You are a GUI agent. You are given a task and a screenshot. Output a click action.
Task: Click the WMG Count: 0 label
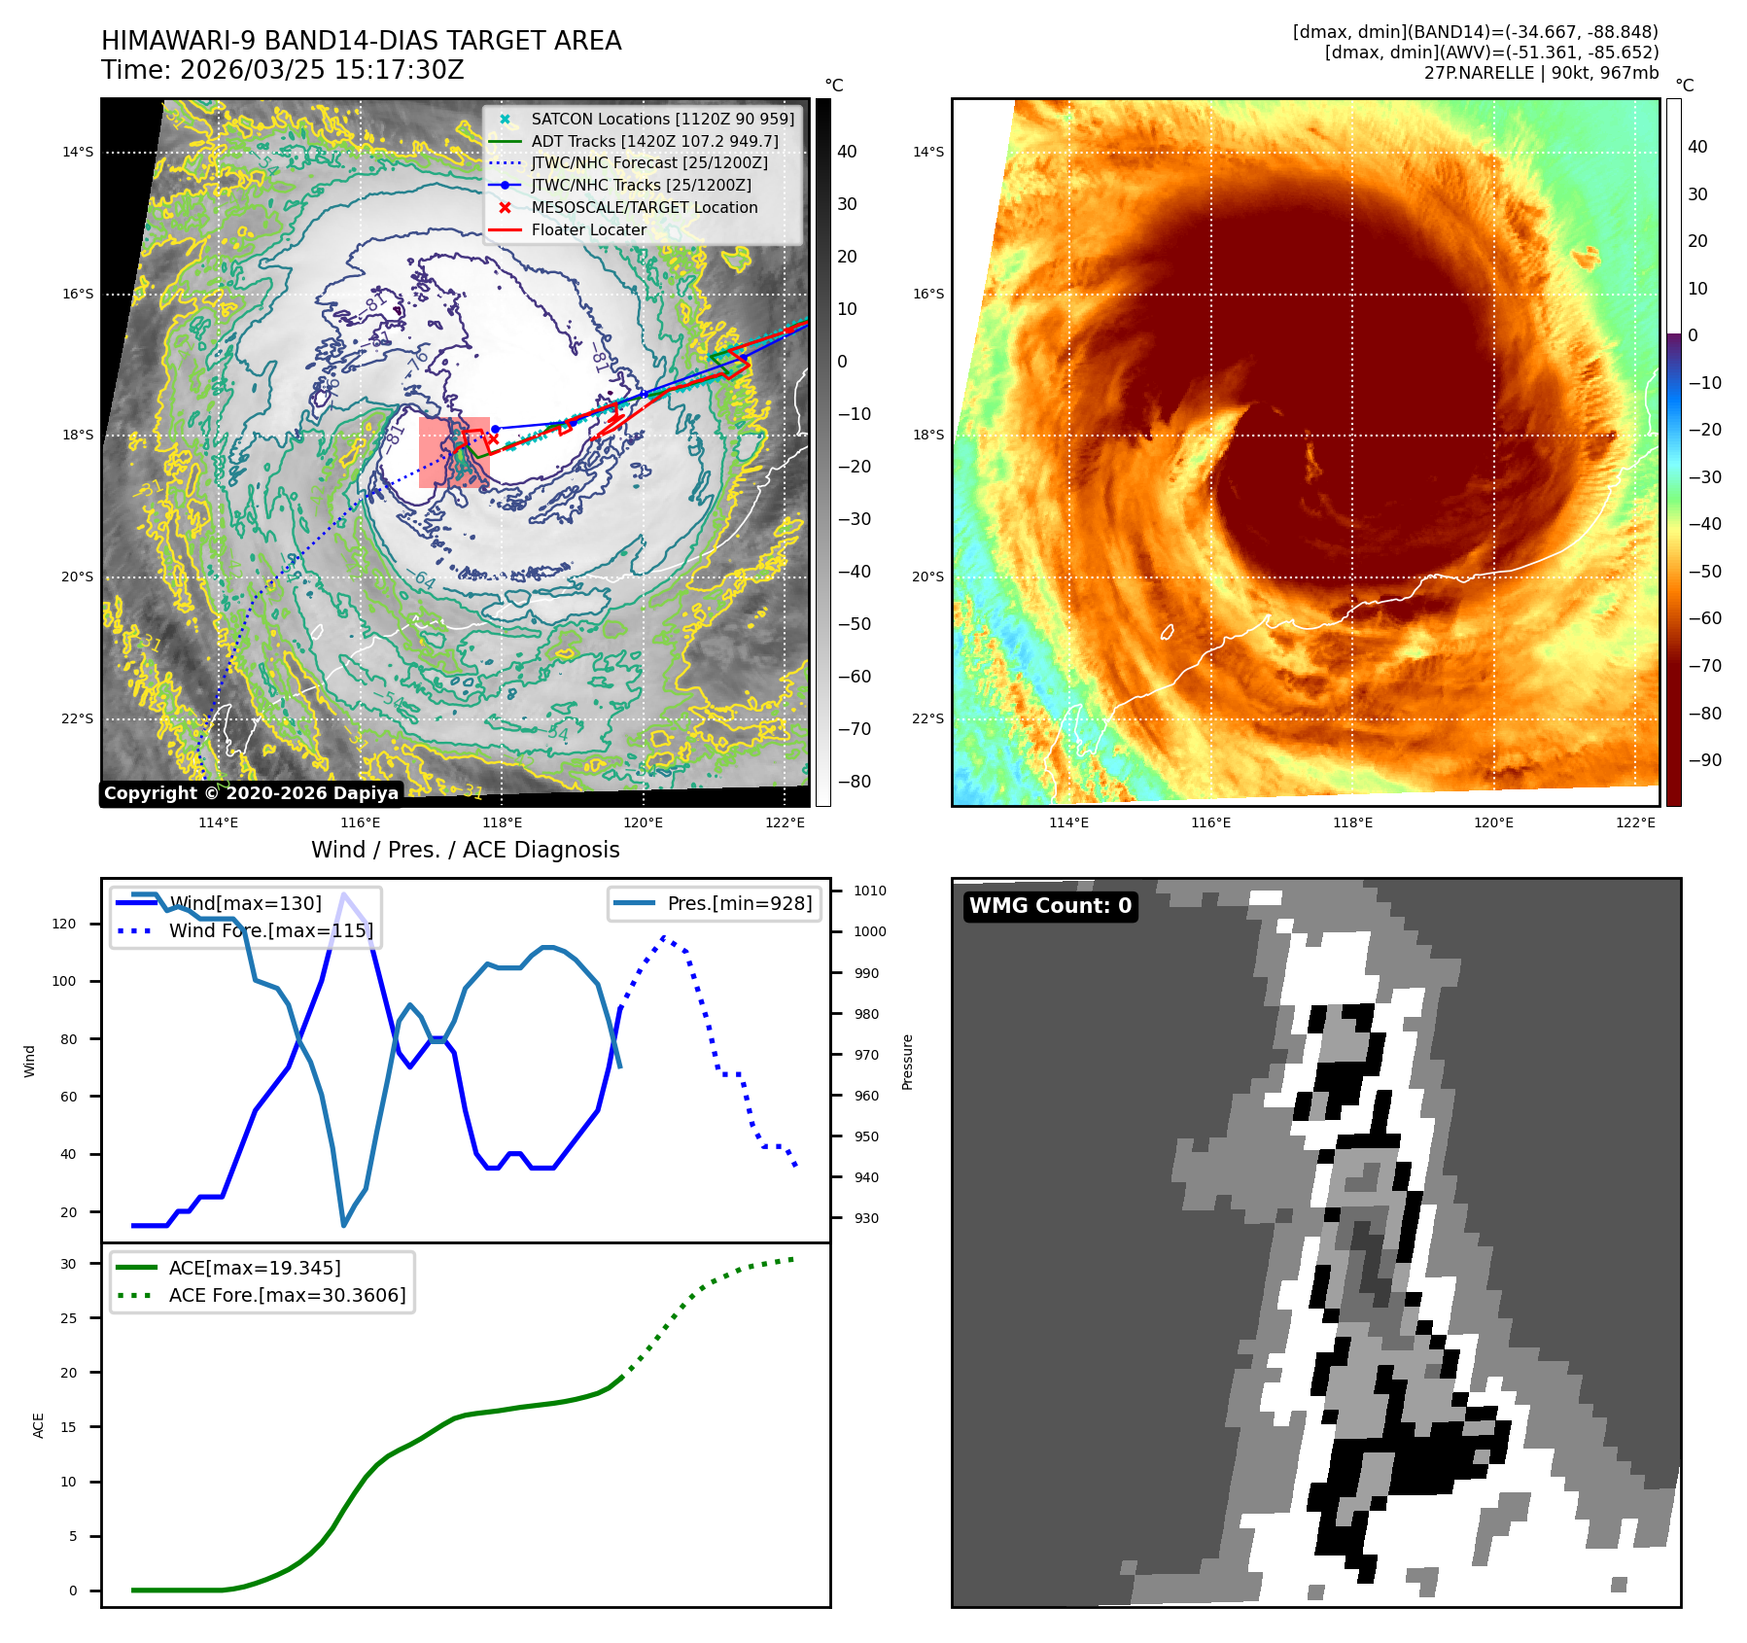1050,906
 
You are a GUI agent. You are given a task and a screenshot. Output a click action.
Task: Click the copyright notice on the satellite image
251,793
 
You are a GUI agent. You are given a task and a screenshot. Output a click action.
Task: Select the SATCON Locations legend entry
662,119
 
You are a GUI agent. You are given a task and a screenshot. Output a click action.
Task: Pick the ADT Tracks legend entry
654,141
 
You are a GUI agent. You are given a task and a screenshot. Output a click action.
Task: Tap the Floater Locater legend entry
588,229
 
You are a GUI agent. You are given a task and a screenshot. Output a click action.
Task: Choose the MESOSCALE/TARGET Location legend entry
644,207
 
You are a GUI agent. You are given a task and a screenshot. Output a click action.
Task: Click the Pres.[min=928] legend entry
739,903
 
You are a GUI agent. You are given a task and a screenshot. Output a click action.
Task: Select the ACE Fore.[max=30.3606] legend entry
287,1295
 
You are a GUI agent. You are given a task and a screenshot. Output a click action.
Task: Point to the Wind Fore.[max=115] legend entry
270,930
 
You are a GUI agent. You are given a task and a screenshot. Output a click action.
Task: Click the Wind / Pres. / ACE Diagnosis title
465,850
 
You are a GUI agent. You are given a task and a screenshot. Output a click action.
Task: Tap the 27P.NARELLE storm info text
1541,73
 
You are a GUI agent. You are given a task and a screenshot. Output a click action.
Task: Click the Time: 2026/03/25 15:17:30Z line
283,70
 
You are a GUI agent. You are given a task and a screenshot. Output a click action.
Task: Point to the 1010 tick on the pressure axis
869,891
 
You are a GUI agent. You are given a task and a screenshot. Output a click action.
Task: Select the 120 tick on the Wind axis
64,924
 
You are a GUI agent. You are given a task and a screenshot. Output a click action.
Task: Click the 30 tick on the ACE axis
68,1264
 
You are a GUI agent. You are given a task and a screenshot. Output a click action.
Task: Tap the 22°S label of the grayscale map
78,718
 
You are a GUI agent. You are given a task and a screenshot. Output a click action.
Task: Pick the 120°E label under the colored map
1493,822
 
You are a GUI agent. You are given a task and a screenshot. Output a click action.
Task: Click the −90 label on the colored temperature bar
1704,760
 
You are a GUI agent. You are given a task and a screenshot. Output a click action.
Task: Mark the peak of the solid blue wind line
343,893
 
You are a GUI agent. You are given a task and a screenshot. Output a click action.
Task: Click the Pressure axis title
907,1062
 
